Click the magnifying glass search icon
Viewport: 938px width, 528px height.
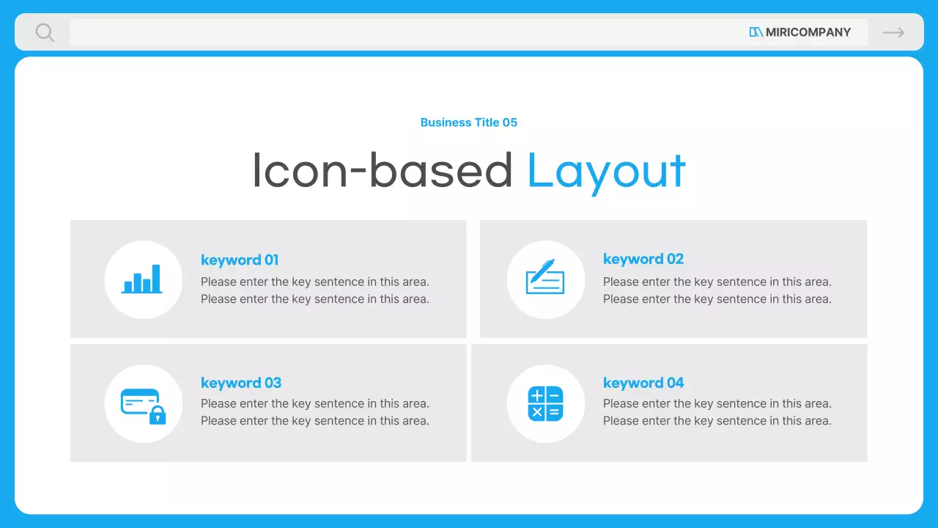click(x=45, y=32)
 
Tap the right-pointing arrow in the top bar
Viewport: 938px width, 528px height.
click(x=893, y=32)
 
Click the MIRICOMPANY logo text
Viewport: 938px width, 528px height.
click(x=808, y=32)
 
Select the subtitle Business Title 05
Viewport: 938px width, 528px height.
click(x=468, y=122)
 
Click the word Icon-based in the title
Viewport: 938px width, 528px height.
click(x=383, y=170)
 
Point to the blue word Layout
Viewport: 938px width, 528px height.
click(x=606, y=172)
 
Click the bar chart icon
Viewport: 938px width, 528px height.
click(x=141, y=279)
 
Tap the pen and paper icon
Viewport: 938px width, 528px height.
click(x=544, y=276)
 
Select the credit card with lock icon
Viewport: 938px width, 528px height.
click(x=143, y=406)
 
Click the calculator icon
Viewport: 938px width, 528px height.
click(x=545, y=403)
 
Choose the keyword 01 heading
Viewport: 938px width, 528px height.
click(x=240, y=260)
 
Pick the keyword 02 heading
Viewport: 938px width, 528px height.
click(x=643, y=260)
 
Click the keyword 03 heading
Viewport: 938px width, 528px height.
click(x=241, y=383)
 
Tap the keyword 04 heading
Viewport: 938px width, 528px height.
click(x=643, y=383)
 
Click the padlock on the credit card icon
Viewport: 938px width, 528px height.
click(x=158, y=415)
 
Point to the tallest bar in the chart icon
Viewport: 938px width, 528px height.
click(x=156, y=278)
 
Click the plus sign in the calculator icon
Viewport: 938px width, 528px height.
click(x=537, y=395)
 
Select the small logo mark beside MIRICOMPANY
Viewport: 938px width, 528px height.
click(x=756, y=32)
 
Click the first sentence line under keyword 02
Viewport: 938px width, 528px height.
click(x=717, y=282)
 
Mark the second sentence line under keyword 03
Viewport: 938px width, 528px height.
click(x=315, y=421)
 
